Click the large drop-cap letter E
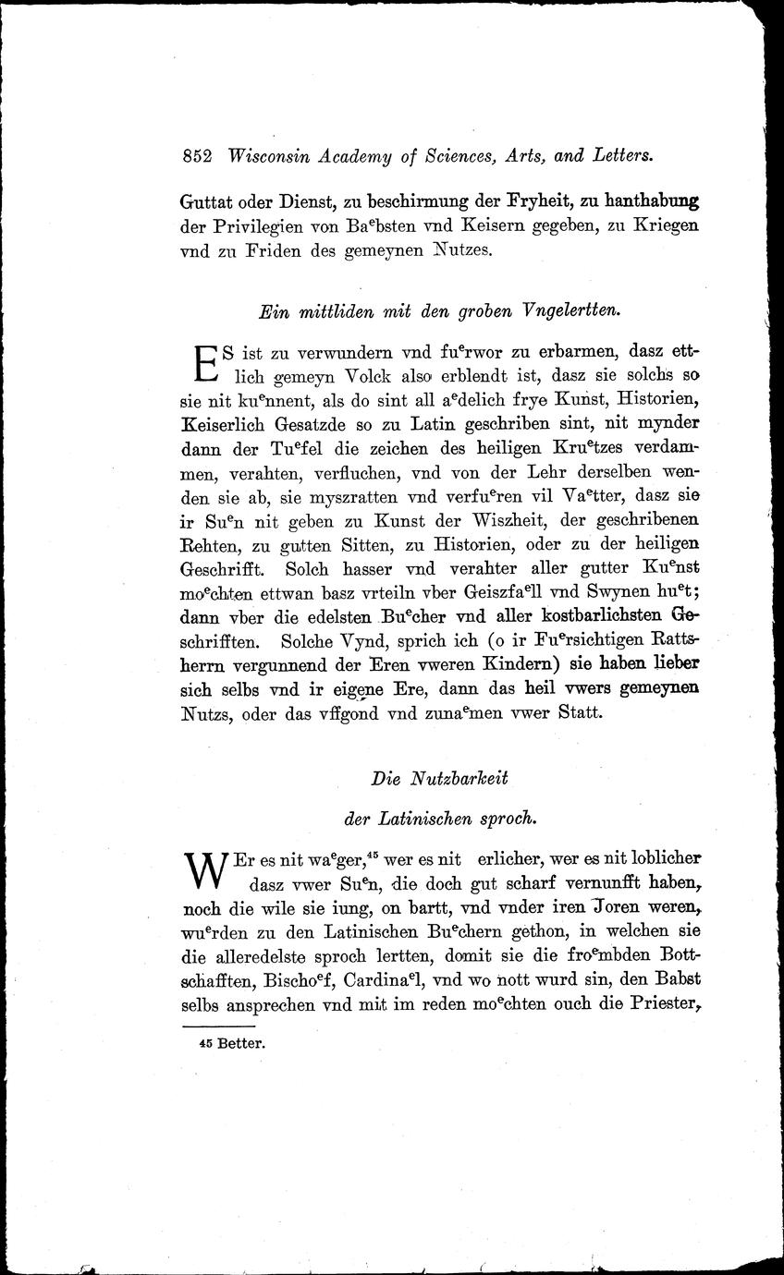click(204, 364)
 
